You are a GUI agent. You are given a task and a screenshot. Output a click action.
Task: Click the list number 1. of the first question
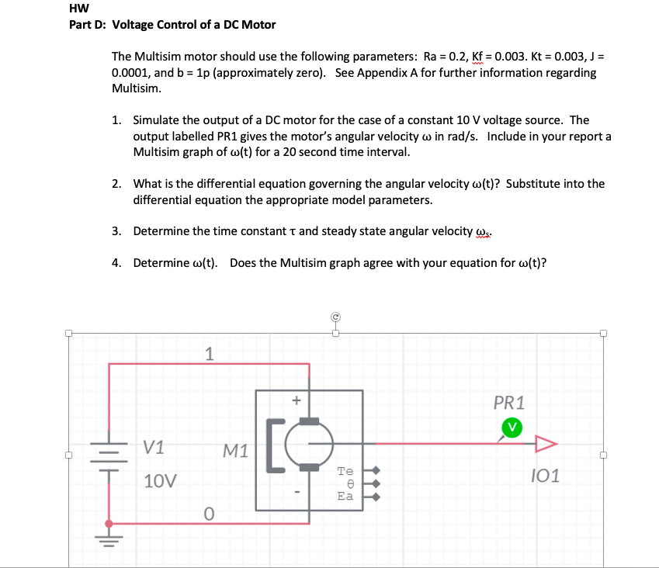[116, 120]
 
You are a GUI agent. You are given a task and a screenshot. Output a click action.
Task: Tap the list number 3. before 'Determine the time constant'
[116, 231]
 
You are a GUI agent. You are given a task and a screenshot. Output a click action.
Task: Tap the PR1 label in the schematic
[509, 403]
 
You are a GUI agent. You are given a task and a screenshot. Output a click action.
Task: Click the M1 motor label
[235, 449]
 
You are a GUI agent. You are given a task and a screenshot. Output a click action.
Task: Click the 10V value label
[160, 480]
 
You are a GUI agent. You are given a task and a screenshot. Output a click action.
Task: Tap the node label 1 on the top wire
[208, 354]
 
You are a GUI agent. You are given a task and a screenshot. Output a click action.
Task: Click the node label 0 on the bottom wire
[208, 513]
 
